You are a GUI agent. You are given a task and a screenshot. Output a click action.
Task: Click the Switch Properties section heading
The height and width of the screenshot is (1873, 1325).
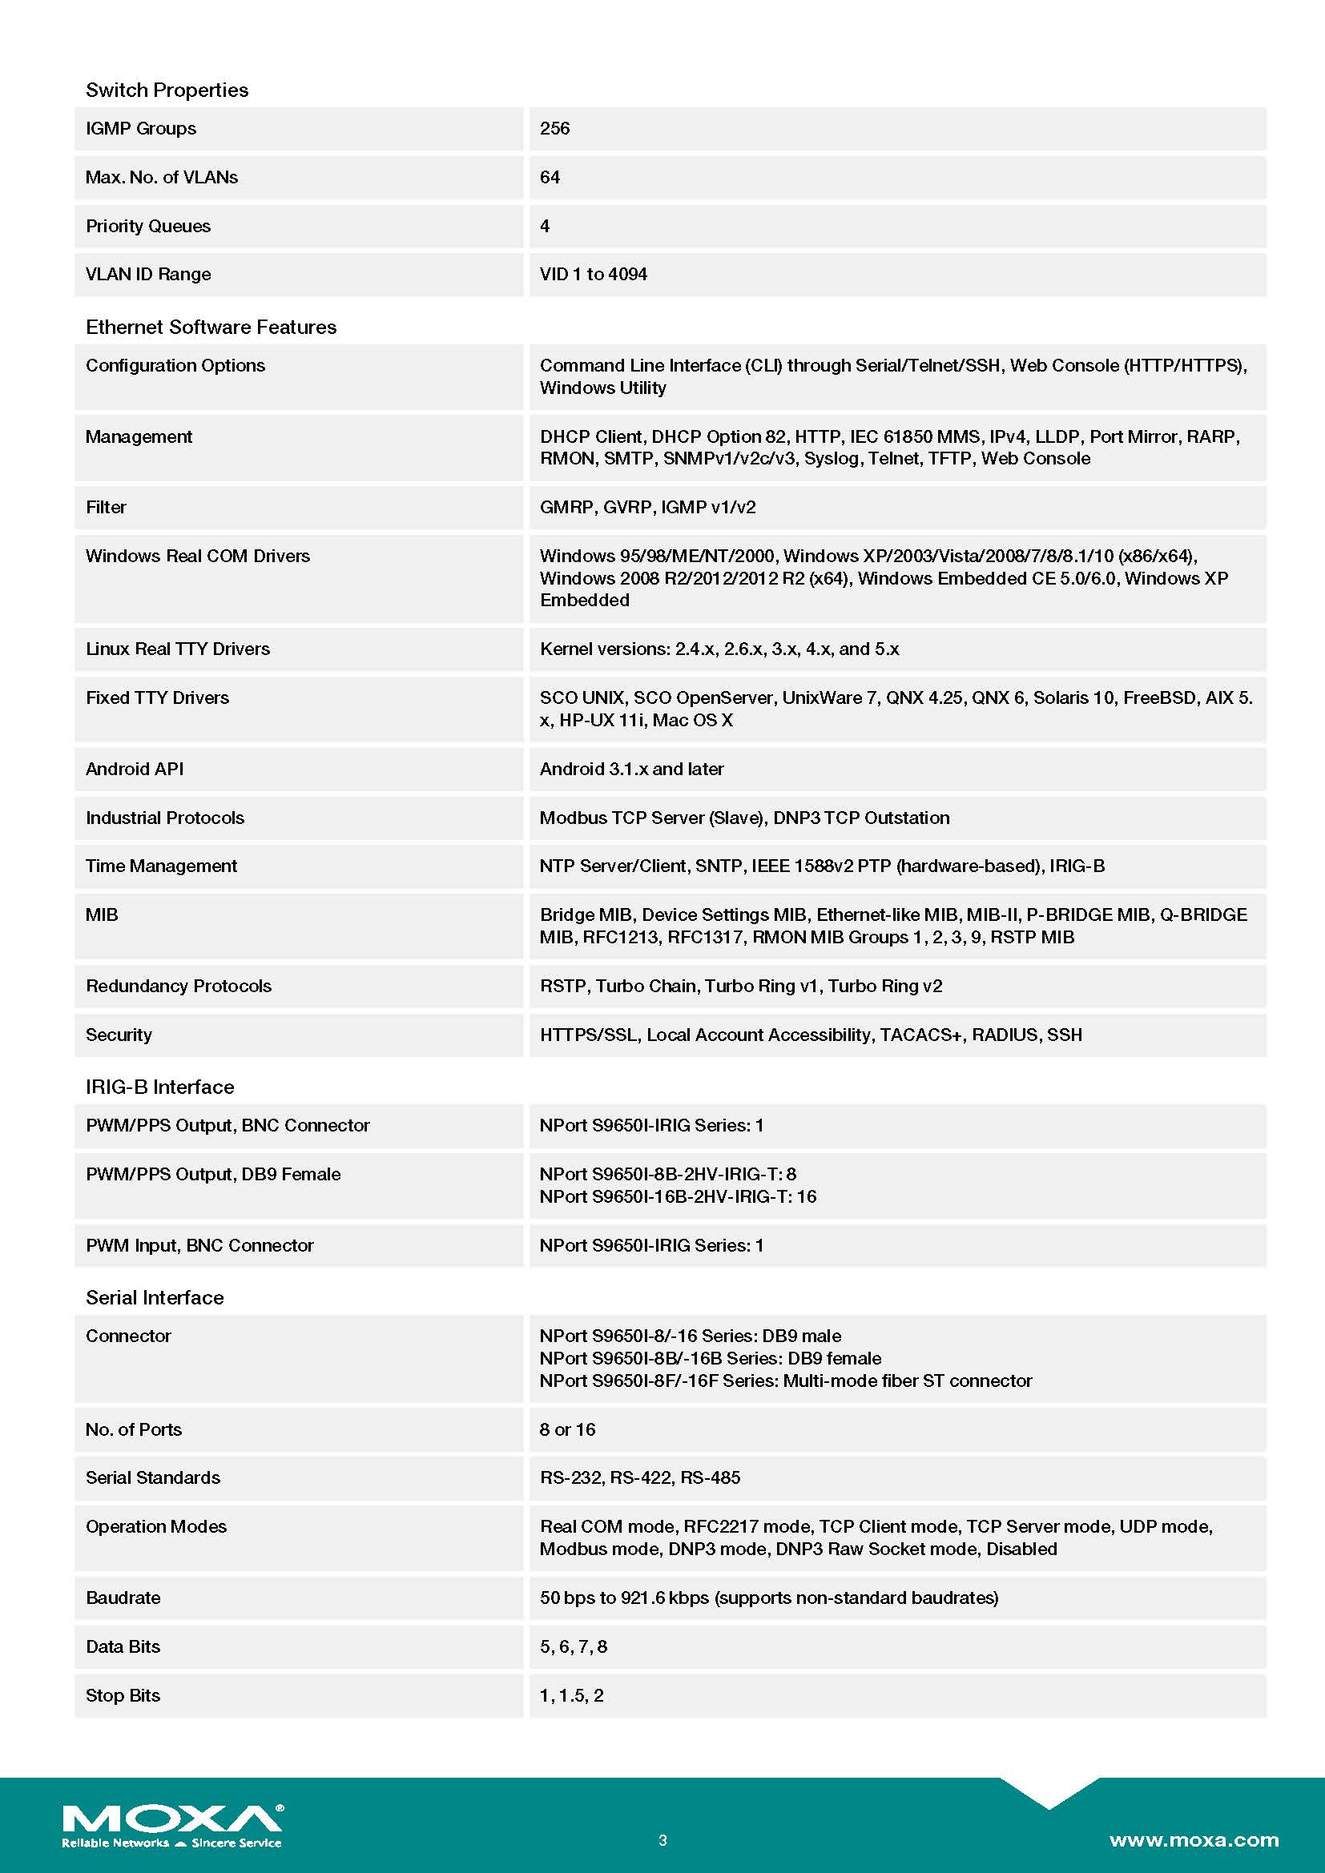[167, 90]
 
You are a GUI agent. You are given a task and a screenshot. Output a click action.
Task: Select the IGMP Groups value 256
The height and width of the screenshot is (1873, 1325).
[555, 128]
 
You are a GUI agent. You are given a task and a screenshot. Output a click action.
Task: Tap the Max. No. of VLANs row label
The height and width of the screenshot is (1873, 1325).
[162, 177]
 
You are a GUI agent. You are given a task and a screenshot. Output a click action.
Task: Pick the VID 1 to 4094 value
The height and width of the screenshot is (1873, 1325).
[593, 274]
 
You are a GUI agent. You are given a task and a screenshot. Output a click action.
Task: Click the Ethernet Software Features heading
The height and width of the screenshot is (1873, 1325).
[211, 328]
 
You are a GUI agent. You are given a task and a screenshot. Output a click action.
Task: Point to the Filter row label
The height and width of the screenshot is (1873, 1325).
[106, 508]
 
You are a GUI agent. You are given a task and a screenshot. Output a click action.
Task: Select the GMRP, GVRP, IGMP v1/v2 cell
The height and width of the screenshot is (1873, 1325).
[648, 508]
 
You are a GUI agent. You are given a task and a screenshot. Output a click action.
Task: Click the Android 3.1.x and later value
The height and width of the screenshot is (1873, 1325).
[631, 769]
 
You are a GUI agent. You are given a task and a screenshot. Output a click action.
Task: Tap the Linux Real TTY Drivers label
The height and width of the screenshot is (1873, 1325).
[177, 649]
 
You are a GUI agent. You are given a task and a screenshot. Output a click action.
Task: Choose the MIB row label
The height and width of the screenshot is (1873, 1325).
[102, 914]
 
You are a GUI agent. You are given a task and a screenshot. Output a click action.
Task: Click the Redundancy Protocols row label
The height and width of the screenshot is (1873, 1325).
[178, 986]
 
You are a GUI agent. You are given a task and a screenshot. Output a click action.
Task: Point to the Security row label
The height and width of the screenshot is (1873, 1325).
[119, 1035]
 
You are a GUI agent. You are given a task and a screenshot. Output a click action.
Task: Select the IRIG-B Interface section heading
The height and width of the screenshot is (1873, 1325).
[159, 1087]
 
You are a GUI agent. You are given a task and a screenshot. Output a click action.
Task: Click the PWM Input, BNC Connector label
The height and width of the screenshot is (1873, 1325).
[199, 1245]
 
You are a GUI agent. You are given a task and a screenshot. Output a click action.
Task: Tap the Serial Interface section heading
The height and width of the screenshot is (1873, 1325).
[154, 1297]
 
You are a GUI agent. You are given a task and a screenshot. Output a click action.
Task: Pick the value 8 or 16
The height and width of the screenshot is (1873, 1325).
[567, 1429]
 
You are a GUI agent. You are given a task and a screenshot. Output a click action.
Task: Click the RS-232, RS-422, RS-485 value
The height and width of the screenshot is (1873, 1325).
[639, 1477]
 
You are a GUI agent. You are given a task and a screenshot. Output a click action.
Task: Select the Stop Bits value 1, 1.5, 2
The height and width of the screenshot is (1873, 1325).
[571, 1695]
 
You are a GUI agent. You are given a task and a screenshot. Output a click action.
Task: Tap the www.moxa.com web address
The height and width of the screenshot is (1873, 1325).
[1194, 1839]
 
